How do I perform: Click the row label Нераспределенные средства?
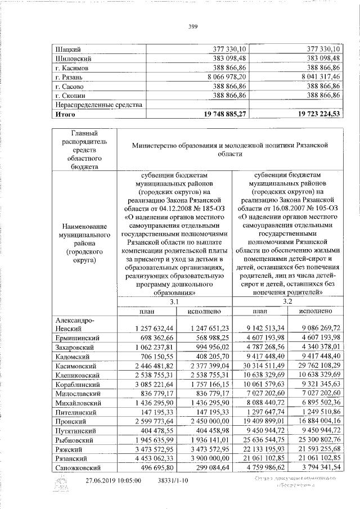(x=97, y=105)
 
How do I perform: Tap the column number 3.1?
(x=174, y=301)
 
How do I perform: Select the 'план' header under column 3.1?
(x=147, y=311)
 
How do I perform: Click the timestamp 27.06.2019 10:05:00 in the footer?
(x=112, y=481)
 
